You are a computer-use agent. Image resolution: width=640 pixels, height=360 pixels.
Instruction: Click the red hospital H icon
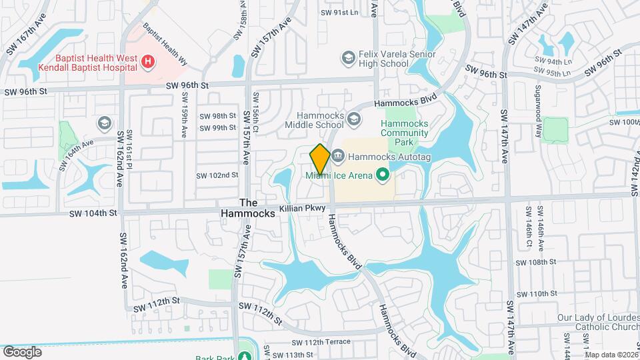[x=148, y=63]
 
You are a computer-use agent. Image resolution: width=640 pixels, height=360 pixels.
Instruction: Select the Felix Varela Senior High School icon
[x=347, y=59]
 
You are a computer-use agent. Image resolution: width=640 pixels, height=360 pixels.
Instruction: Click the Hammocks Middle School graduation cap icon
[x=354, y=119]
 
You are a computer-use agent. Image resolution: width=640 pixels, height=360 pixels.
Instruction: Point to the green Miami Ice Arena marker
[x=382, y=175]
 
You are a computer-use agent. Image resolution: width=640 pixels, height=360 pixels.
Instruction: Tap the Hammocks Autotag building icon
[x=338, y=157]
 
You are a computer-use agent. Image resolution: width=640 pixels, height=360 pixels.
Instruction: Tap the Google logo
[x=22, y=351]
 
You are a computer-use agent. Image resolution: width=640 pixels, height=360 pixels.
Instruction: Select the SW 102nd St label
[x=217, y=175]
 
